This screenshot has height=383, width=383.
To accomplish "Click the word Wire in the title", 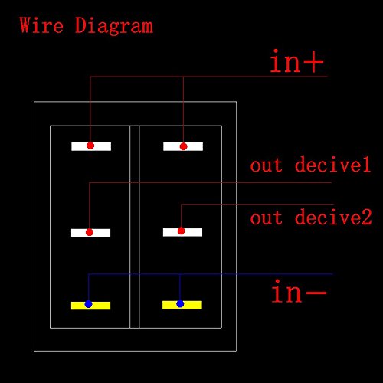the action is (41, 25).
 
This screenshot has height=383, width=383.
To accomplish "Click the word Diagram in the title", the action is (114, 27).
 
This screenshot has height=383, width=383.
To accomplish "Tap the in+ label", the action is (296, 61).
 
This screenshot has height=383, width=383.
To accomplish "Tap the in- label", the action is (299, 291).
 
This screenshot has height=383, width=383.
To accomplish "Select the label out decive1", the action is (310, 165).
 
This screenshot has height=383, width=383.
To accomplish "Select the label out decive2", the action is (311, 217).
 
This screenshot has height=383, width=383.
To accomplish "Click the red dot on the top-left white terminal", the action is (90, 146).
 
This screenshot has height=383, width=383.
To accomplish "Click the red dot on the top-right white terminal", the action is (183, 146).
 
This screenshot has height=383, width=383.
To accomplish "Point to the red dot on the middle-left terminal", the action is (90, 232).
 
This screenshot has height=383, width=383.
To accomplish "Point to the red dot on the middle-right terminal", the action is (181, 231).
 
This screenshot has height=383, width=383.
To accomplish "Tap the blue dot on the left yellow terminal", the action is (88, 304).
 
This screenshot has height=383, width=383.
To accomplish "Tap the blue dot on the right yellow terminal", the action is (180, 303).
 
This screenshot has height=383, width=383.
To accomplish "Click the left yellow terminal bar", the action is (90, 306).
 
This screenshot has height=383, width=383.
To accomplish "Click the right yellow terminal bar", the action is (182, 305).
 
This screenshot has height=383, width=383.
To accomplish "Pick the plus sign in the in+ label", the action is (315, 62).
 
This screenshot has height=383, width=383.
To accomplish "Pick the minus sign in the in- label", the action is (316, 293).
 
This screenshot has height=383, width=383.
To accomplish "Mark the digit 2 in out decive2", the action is (367, 217).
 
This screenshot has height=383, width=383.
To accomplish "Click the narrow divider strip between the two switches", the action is (135, 227).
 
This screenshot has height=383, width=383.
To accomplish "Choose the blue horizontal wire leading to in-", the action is (211, 274).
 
